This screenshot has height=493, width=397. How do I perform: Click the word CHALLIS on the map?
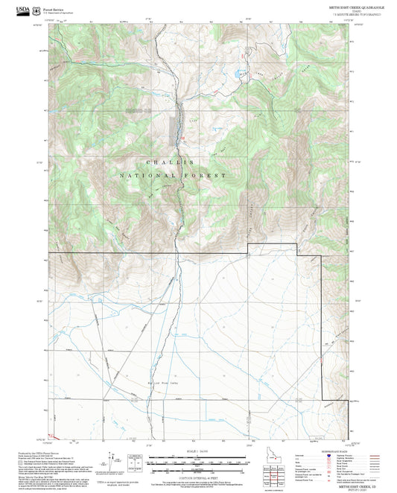point(170,162)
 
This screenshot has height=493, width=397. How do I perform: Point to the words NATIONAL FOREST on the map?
point(172,175)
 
